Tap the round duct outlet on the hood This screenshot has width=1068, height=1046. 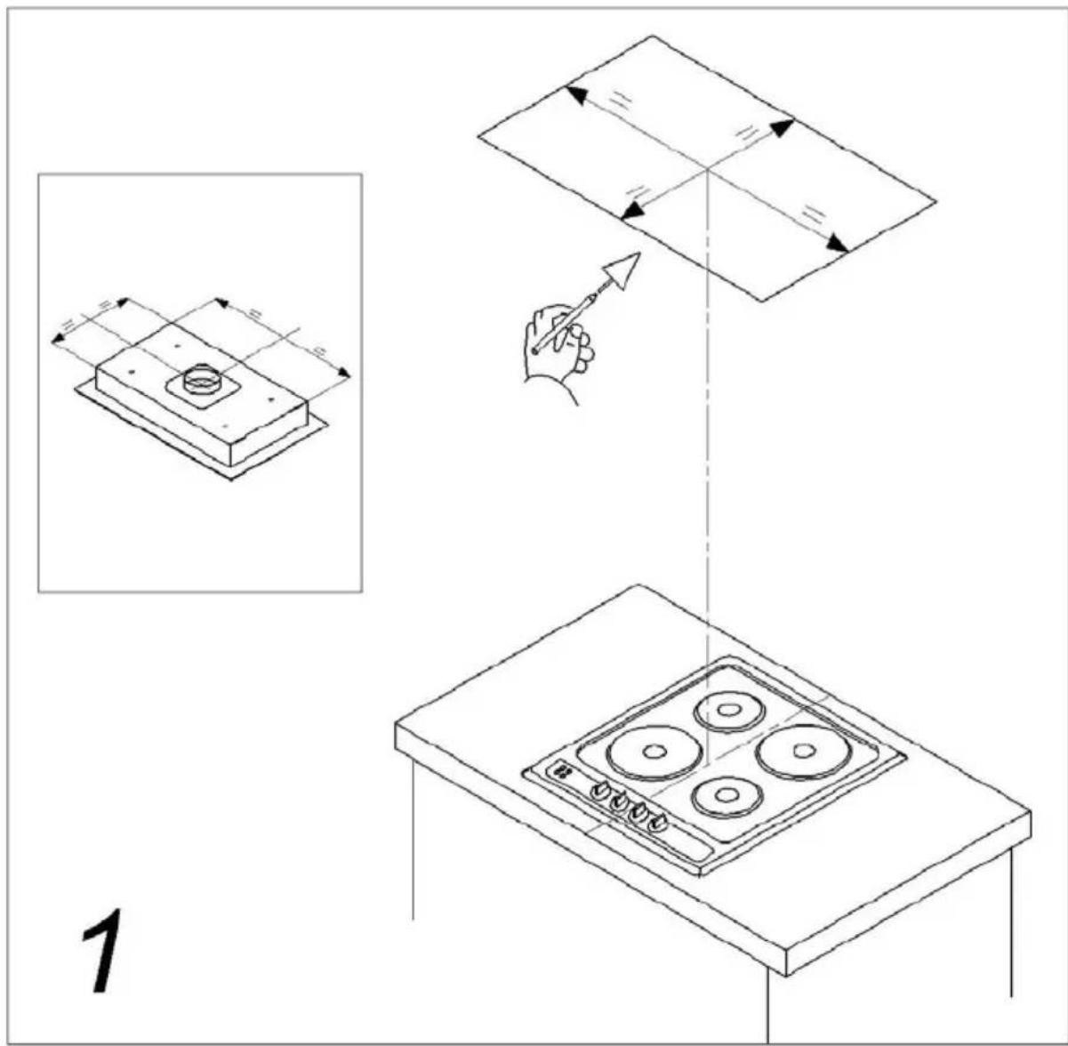[201, 378]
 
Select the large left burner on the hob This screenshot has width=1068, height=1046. [654, 753]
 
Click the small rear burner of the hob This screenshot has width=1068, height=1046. [729, 710]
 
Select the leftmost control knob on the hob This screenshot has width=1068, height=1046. [599, 789]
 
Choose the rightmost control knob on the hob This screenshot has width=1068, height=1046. [658, 823]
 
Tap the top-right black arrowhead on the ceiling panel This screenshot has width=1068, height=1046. [782, 128]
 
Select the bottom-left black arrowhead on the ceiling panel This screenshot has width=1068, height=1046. [632, 209]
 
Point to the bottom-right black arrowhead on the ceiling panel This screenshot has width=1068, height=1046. [838, 244]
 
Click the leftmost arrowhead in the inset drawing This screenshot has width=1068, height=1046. [57, 338]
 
